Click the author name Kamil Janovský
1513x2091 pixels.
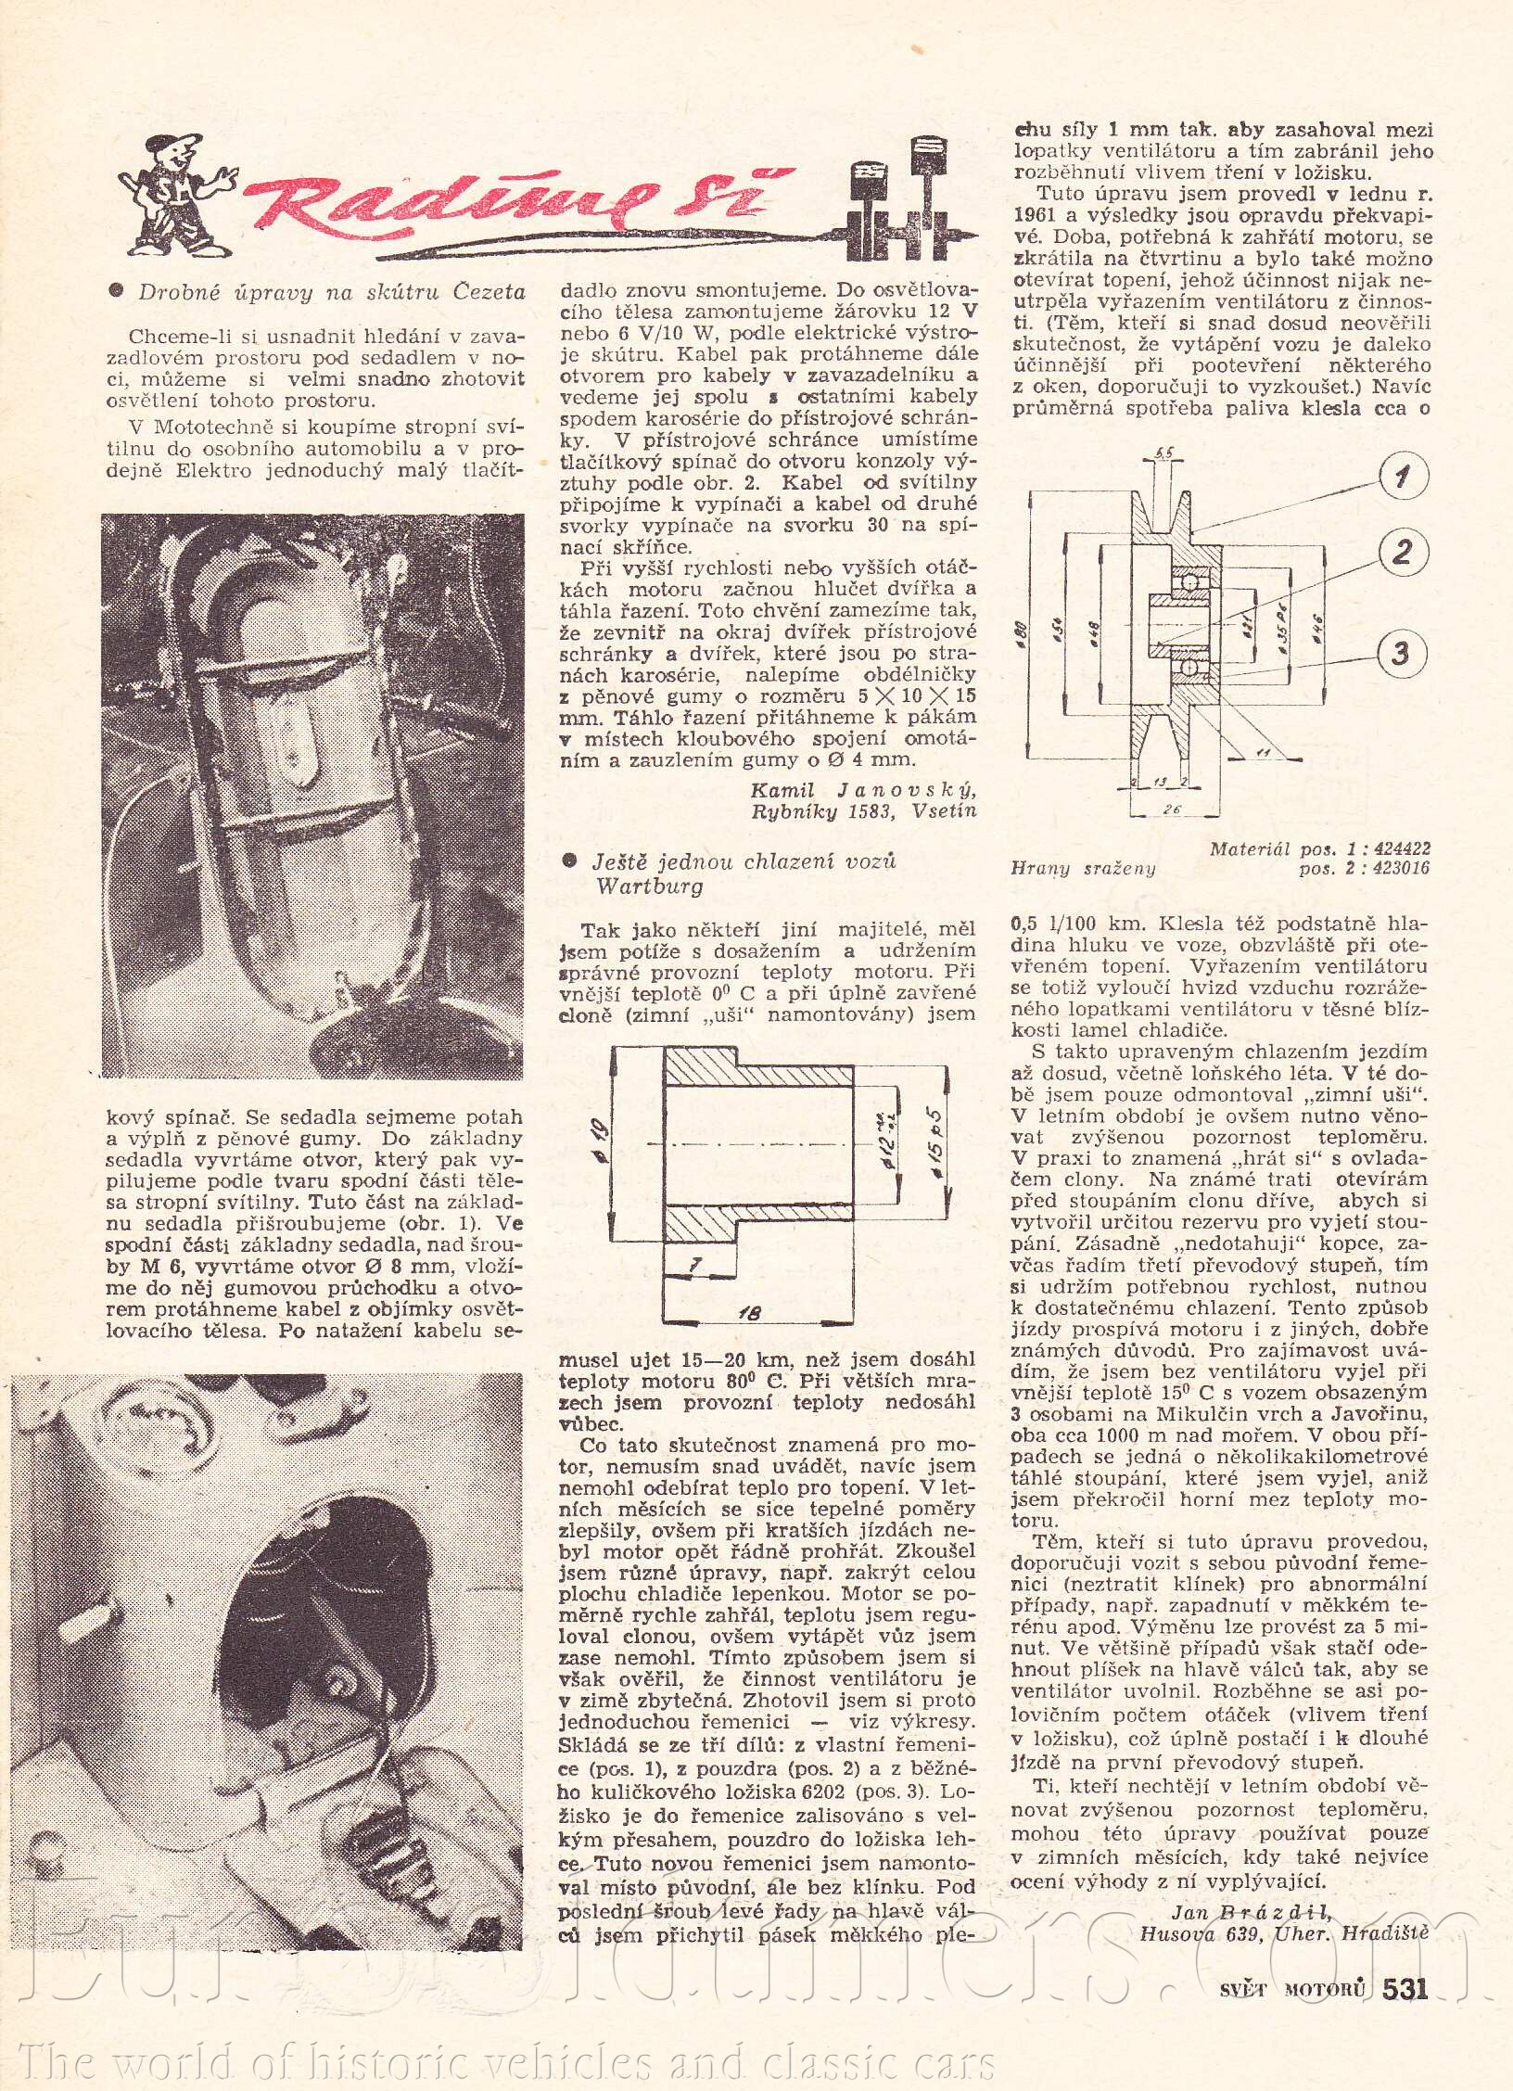(x=863, y=791)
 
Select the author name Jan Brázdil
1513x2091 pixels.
(x=1252, y=1885)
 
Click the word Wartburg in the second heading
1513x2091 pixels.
(x=649, y=886)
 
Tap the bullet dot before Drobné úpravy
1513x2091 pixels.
(x=117, y=292)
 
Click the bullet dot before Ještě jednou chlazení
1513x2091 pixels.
(x=570, y=861)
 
